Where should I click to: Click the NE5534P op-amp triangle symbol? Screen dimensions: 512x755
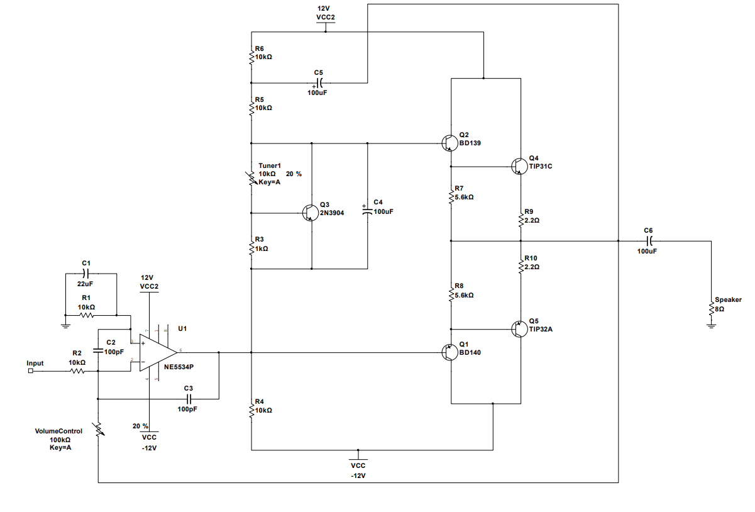[157, 352]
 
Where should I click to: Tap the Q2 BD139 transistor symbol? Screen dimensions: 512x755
[449, 143]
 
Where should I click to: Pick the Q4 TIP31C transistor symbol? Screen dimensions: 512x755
[519, 166]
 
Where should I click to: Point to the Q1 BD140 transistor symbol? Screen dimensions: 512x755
[449, 352]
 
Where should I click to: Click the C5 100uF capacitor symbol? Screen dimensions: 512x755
[319, 82]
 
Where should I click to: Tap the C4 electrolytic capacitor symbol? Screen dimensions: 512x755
[368, 211]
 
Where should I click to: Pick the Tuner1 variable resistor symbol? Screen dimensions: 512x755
[251, 178]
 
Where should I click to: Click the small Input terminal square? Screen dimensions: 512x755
[31, 371]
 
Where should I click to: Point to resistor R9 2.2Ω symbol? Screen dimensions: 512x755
[521, 220]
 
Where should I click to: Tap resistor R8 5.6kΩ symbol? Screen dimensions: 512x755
[451, 294]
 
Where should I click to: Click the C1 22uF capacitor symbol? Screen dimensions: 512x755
[87, 274]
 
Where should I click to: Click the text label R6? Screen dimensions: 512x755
[259, 48]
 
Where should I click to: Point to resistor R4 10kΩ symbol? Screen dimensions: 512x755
[251, 409]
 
